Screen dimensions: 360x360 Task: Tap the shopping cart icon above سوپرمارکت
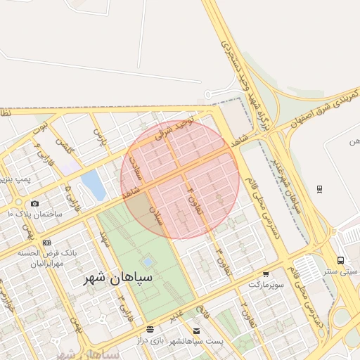266,275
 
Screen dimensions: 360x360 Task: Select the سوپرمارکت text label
266,285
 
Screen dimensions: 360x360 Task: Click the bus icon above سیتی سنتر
340,260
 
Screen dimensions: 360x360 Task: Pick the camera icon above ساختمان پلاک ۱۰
34,203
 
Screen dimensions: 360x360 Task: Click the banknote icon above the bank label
46,243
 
